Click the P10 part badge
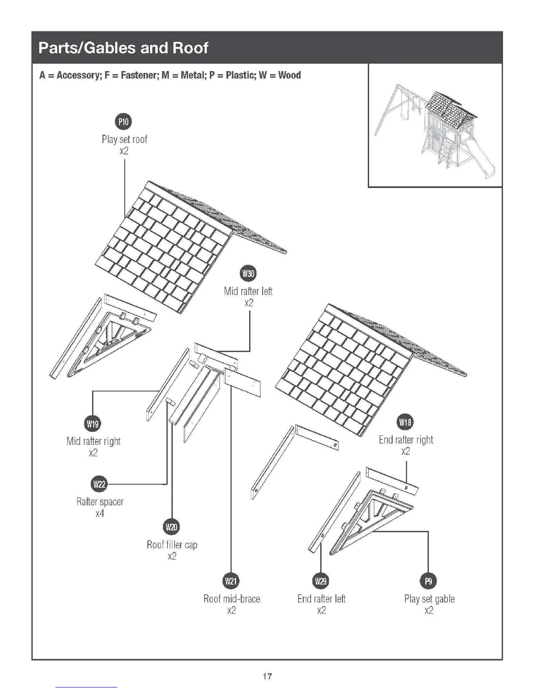coord(124,122)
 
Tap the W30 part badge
coord(248,274)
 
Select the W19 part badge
coord(92,423)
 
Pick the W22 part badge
coord(99,484)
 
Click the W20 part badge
coord(171,527)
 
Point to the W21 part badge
coord(231,581)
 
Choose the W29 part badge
coord(321,581)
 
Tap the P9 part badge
coord(428,581)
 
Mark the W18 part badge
coord(405,422)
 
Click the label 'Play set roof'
coord(124,140)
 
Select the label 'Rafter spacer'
coord(100,502)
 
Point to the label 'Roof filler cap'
coord(172,545)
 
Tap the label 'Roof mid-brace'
coord(232,599)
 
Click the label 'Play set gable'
coord(429,599)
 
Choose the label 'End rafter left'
coord(322,599)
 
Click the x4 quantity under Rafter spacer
coord(100,513)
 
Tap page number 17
coord(267,677)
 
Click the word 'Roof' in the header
coord(190,48)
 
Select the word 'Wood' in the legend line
coord(289,75)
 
